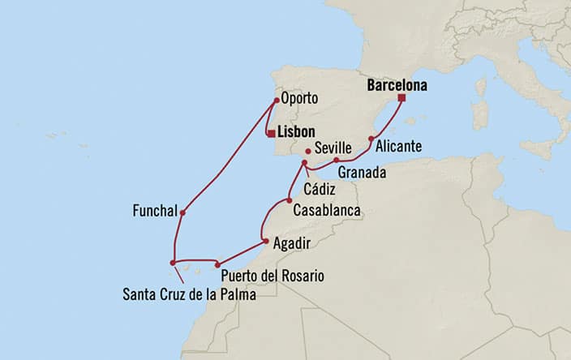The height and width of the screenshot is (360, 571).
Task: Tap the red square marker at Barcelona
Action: click(x=401, y=98)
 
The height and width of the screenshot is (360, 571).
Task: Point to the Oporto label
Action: click(x=298, y=100)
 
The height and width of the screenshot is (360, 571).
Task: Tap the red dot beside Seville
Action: click(x=308, y=151)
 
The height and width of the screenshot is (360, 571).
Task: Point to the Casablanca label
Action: click(x=328, y=210)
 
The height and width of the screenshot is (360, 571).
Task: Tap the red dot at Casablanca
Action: click(x=289, y=200)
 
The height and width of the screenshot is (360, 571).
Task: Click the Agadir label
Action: click(x=292, y=243)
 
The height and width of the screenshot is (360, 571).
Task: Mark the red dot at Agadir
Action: click(x=266, y=241)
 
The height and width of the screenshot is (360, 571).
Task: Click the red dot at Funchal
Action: click(x=183, y=213)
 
